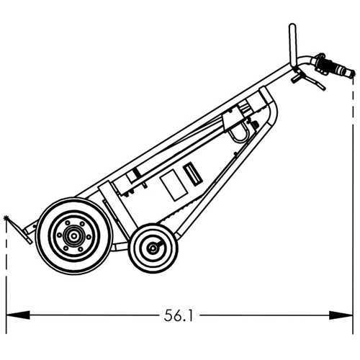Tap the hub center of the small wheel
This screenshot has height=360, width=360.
click(153, 248)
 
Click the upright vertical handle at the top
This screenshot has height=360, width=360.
click(292, 43)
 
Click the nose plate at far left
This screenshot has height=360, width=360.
click(20, 231)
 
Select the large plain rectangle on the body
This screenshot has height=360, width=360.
click(172, 185)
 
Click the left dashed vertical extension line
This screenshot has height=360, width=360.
click(6, 274)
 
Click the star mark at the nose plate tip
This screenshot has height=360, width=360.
click(8, 217)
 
